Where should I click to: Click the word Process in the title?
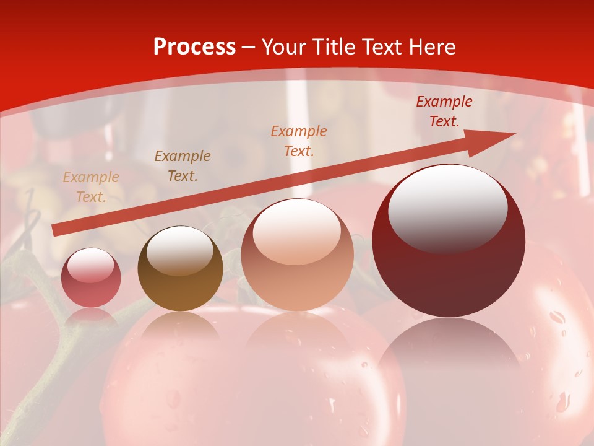coord(194,47)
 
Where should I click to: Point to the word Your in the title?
coord(283,47)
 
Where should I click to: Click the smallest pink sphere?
coord(91,278)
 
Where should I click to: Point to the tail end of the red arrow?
coord(56,230)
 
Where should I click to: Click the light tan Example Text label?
coord(91,187)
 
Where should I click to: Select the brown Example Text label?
coord(183,166)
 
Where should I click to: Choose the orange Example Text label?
coord(299,141)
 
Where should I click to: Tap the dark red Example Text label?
coord(444,111)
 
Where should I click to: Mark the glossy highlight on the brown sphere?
coord(180,251)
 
